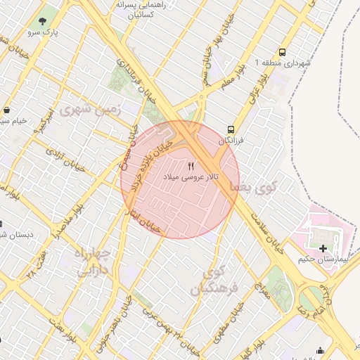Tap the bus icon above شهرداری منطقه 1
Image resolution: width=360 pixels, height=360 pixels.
point(282,53)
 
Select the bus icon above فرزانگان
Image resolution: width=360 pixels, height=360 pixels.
point(230,129)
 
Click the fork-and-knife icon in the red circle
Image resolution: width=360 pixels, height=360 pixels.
point(191,166)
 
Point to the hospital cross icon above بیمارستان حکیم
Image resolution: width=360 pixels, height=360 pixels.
point(323,248)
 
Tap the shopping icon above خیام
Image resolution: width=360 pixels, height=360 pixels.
point(6,110)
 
